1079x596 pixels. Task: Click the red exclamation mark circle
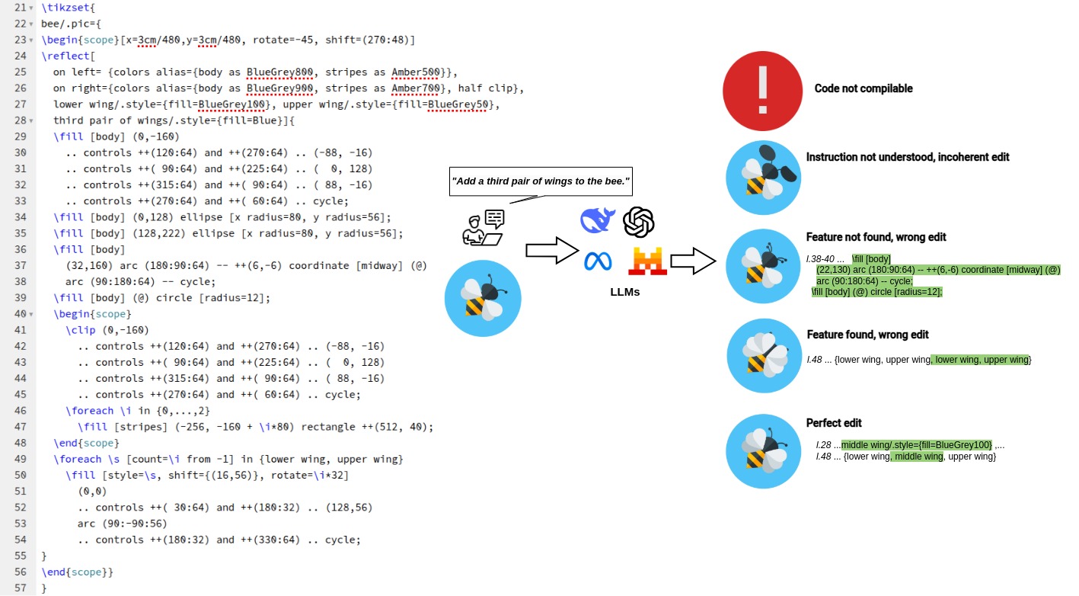[762, 91]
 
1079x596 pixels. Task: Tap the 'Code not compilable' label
[863, 88]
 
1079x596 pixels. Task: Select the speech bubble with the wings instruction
[541, 181]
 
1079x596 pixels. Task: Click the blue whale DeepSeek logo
[598, 220]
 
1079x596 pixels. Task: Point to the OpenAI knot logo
[639, 222]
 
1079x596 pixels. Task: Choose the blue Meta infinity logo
[598, 261]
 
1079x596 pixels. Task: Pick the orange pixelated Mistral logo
[647, 261]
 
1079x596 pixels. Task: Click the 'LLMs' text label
[624, 291]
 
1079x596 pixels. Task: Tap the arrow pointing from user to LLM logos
[552, 250]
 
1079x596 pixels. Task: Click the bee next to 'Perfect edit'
[763, 451]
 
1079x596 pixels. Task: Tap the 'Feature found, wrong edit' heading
[867, 335]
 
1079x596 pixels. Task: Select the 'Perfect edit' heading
[834, 423]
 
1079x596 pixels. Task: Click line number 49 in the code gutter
[20, 459]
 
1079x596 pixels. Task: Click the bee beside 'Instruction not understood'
[763, 178]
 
